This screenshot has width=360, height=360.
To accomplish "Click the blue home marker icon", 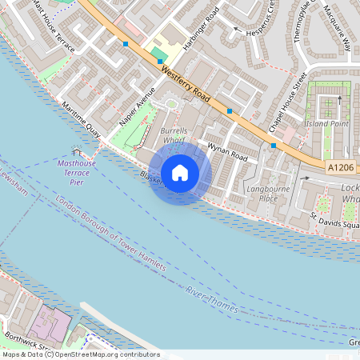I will click(x=180, y=172).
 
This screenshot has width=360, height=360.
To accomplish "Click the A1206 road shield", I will click(x=340, y=167).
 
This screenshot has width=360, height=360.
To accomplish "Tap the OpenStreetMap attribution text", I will click(x=81, y=354).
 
